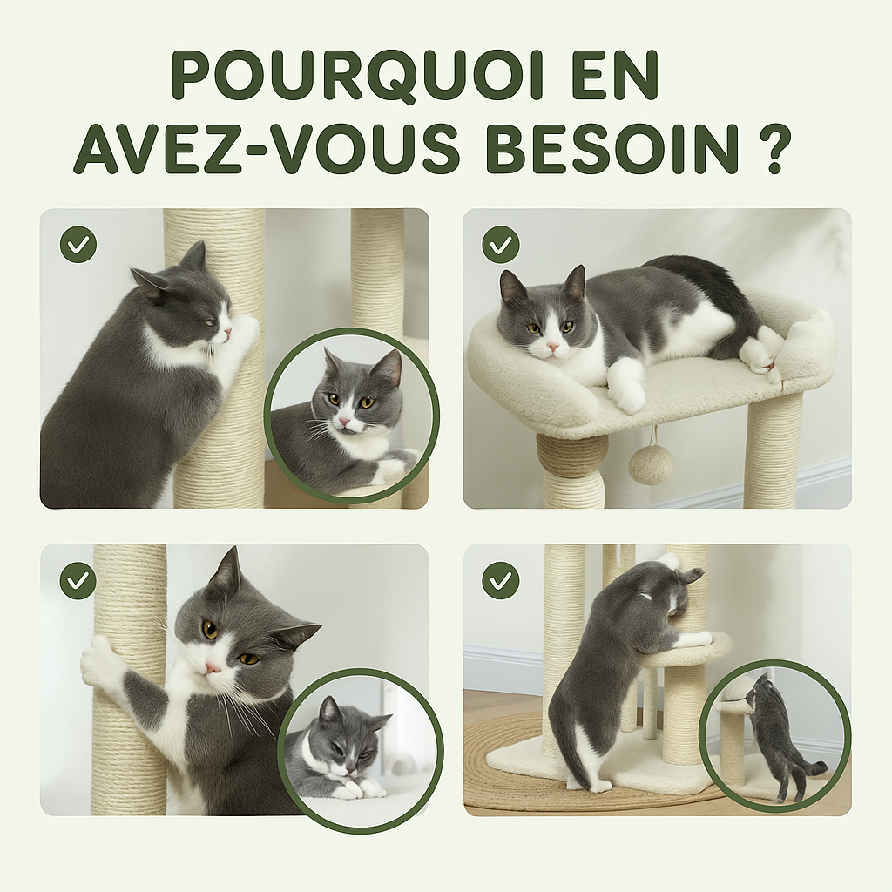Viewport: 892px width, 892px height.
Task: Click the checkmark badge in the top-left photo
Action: click(78, 245)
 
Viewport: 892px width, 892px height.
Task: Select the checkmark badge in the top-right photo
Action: click(500, 245)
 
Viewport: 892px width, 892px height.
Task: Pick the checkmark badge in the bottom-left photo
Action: click(78, 580)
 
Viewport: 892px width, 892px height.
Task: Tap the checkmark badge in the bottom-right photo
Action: click(500, 580)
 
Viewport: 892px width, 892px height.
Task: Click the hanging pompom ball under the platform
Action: click(651, 465)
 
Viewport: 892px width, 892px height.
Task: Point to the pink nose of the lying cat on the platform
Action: click(552, 346)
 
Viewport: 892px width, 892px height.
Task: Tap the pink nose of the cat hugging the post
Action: click(213, 667)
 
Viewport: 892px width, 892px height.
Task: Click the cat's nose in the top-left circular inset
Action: click(346, 422)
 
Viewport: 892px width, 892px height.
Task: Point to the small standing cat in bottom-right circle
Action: click(775, 736)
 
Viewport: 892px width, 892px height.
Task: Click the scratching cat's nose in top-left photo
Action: click(227, 332)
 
